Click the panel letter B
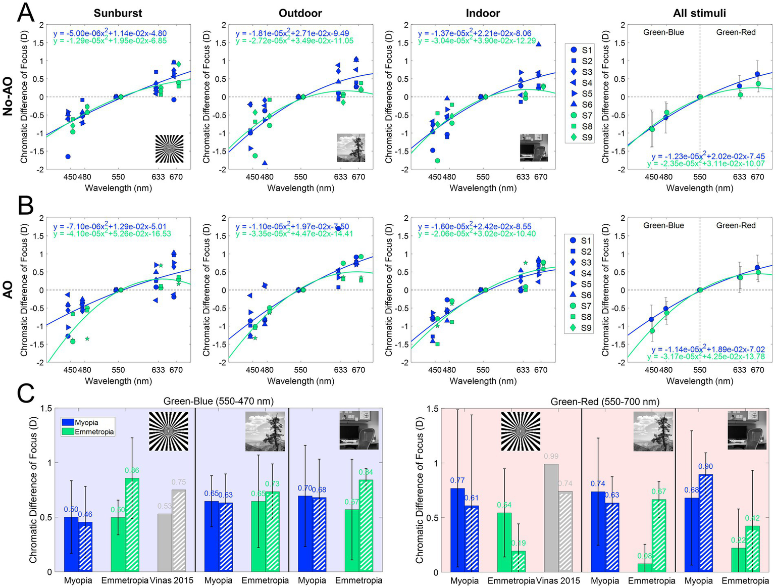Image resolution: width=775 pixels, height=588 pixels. (x=25, y=206)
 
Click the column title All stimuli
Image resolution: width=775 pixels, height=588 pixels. (x=699, y=13)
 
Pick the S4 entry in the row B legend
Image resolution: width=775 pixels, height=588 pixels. (x=581, y=273)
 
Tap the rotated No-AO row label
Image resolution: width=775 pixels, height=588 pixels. (x=8, y=97)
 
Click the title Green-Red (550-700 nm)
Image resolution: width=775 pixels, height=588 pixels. (x=605, y=402)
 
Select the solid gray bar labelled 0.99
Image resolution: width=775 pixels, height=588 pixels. (x=551, y=518)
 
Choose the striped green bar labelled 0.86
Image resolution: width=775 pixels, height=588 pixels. (x=132, y=525)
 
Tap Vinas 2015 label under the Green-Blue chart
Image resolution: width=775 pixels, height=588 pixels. (x=172, y=580)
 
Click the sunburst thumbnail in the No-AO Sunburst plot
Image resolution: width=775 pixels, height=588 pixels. (x=169, y=149)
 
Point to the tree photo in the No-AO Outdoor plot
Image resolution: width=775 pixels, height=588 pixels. (x=351, y=148)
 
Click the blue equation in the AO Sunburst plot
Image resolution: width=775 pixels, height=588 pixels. (x=110, y=227)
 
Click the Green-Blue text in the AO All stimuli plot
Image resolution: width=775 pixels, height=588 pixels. (x=663, y=225)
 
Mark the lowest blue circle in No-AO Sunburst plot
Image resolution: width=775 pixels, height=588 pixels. (x=68, y=157)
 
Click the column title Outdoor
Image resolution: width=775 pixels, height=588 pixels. (x=300, y=13)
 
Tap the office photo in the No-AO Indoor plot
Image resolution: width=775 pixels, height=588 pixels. (x=534, y=148)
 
